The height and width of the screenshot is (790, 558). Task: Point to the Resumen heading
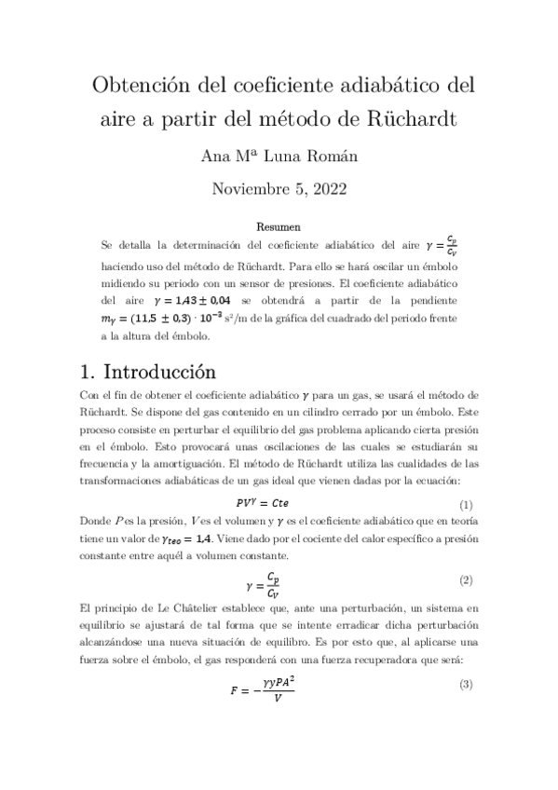click(x=279, y=226)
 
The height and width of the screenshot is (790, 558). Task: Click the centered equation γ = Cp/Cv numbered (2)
click(x=279, y=584)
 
